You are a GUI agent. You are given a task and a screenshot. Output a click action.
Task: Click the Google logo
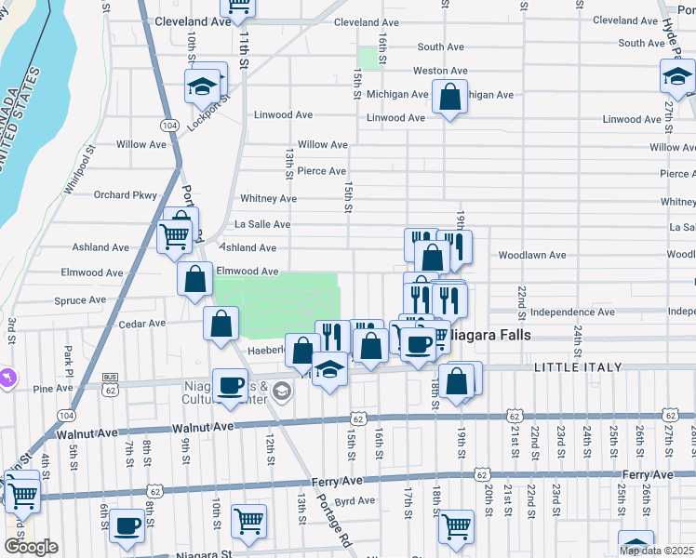tap(31, 547)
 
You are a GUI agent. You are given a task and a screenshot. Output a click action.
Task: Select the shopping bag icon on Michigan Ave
tap(449, 97)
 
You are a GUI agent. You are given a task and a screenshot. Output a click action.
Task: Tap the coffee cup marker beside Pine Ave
tap(230, 384)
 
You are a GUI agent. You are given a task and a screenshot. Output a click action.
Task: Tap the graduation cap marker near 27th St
tap(677, 81)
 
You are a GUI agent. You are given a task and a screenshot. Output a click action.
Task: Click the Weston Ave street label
tap(440, 71)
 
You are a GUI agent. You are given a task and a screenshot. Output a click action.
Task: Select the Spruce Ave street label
tap(81, 300)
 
